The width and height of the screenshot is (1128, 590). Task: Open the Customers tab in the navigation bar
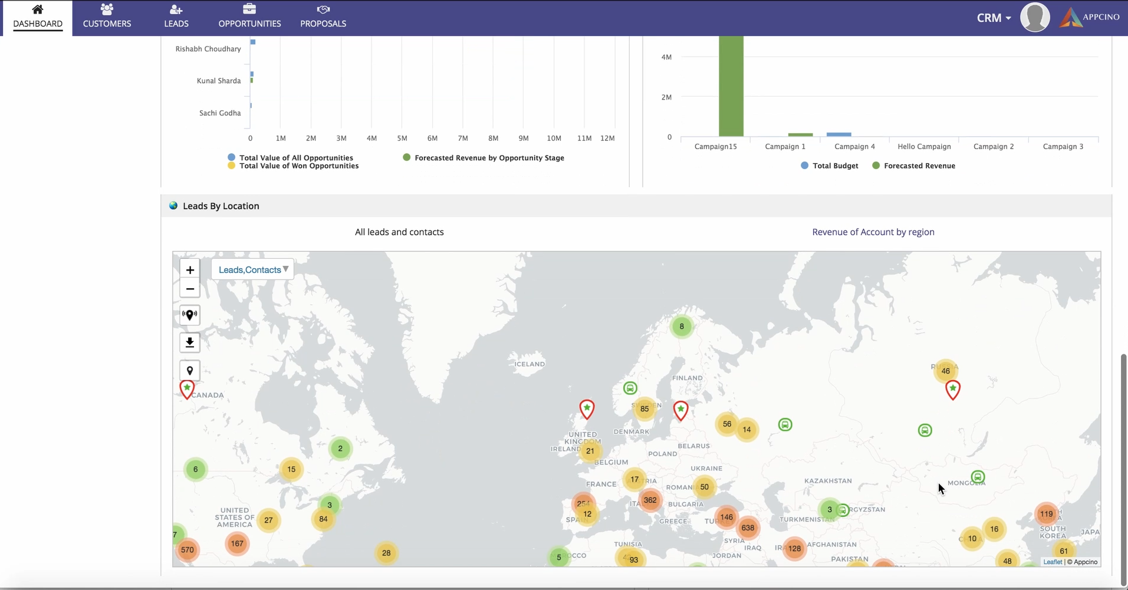pyautogui.click(x=107, y=17)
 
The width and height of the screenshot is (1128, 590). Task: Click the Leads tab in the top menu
pyautogui.click(x=176, y=17)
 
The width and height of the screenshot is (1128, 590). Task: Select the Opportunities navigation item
pyautogui.click(x=249, y=17)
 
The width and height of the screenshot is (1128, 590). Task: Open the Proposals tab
pyautogui.click(x=323, y=17)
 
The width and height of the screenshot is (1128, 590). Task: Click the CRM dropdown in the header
pyautogui.click(x=994, y=18)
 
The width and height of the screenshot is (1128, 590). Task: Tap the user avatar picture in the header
pyautogui.click(x=1035, y=17)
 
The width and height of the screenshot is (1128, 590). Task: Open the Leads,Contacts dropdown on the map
pyautogui.click(x=253, y=269)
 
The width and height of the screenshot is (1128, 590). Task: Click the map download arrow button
pyautogui.click(x=190, y=342)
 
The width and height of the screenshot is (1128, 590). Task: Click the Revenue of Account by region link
pyautogui.click(x=873, y=232)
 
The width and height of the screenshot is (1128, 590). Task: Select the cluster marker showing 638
pyautogui.click(x=748, y=528)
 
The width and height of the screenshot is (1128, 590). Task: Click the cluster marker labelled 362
pyautogui.click(x=650, y=500)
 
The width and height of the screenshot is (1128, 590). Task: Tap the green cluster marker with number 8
pyautogui.click(x=682, y=326)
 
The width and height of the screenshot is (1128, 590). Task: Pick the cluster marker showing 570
pyautogui.click(x=188, y=549)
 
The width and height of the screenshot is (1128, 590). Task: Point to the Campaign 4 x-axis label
pyautogui.click(x=854, y=146)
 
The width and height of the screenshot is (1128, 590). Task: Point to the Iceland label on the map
pyautogui.click(x=530, y=364)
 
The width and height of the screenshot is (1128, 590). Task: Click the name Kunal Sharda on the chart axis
pyautogui.click(x=218, y=81)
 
